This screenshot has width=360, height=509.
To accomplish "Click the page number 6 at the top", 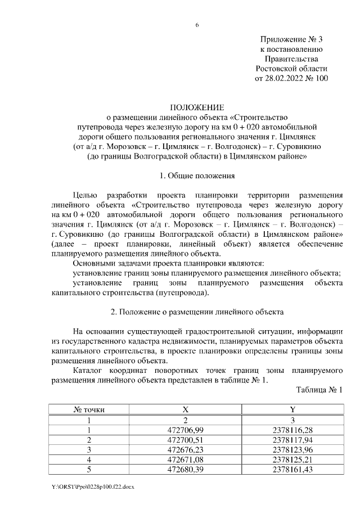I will point(197,25).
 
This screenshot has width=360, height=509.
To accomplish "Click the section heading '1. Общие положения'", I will point(197,176).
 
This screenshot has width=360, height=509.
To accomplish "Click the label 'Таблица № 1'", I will point(319,389).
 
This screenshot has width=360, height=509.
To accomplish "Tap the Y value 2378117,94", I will point(292,440).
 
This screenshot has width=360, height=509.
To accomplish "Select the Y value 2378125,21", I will point(292,459).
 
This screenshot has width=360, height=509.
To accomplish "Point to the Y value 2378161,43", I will point(292,469).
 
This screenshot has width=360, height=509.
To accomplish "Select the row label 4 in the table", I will point(88,459).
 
